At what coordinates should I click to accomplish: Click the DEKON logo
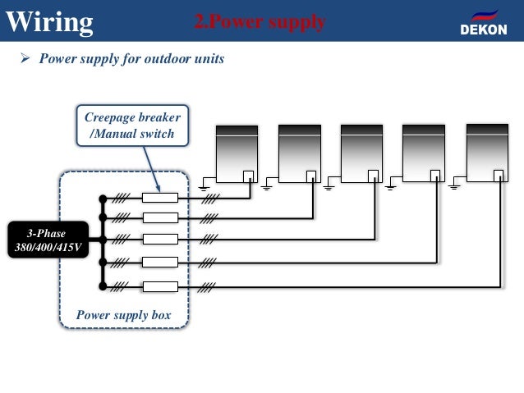[484, 23]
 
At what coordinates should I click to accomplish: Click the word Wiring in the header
[49, 22]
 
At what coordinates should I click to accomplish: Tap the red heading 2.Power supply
[260, 21]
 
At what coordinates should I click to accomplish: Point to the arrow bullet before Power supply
[25, 57]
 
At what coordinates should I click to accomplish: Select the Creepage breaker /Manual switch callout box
[132, 126]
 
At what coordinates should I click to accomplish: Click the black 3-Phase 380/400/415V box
[48, 240]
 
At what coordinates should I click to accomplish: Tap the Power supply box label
[124, 315]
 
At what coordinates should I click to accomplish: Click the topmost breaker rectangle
[160, 198]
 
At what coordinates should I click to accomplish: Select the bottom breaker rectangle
[160, 286]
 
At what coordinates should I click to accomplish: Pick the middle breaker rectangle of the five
[160, 239]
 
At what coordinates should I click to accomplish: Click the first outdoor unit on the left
[237, 154]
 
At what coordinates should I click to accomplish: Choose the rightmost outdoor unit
[487, 153]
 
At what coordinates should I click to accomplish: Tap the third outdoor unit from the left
[361, 153]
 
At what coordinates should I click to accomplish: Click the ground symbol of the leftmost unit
[204, 188]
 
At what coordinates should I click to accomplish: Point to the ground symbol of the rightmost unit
[454, 187]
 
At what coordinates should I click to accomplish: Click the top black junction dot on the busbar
[103, 199]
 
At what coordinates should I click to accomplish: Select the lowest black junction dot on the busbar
[103, 286]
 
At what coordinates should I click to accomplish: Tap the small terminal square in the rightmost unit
[499, 176]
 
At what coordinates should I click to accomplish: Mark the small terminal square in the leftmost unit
[248, 176]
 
